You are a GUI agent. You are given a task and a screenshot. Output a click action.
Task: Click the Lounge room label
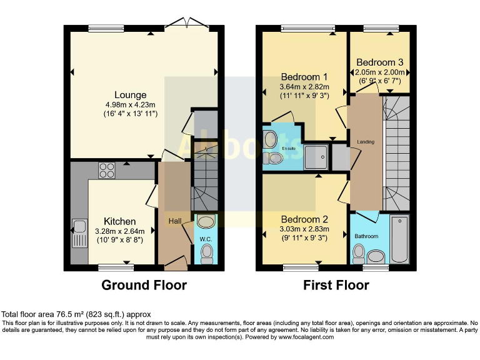click(130, 95)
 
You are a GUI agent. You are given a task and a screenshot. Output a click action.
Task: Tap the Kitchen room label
click(120, 221)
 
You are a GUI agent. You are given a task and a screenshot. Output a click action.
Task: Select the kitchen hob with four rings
click(107, 170)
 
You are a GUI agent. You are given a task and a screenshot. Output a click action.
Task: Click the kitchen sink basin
click(79, 226)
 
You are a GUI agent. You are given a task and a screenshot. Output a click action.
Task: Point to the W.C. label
click(206, 239)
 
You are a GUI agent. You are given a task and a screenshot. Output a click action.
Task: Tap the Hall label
click(175, 221)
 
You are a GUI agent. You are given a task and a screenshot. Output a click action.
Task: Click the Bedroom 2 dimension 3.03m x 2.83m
click(304, 229)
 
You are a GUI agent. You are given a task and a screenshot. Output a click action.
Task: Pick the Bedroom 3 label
click(379, 62)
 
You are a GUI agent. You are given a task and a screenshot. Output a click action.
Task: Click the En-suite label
click(289, 149)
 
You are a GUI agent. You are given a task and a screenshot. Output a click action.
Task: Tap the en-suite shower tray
click(316, 157)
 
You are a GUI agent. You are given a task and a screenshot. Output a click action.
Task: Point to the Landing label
click(366, 142)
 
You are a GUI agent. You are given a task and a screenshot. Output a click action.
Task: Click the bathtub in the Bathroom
click(399, 239)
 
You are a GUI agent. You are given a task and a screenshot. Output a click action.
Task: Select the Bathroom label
click(366, 236)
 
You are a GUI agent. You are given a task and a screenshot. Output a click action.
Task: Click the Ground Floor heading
click(144, 285)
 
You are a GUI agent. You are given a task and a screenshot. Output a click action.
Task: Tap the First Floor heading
click(336, 285)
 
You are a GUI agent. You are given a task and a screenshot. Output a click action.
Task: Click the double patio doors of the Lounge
click(187, 23)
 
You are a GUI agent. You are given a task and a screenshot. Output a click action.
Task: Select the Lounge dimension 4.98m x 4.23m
click(130, 105)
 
